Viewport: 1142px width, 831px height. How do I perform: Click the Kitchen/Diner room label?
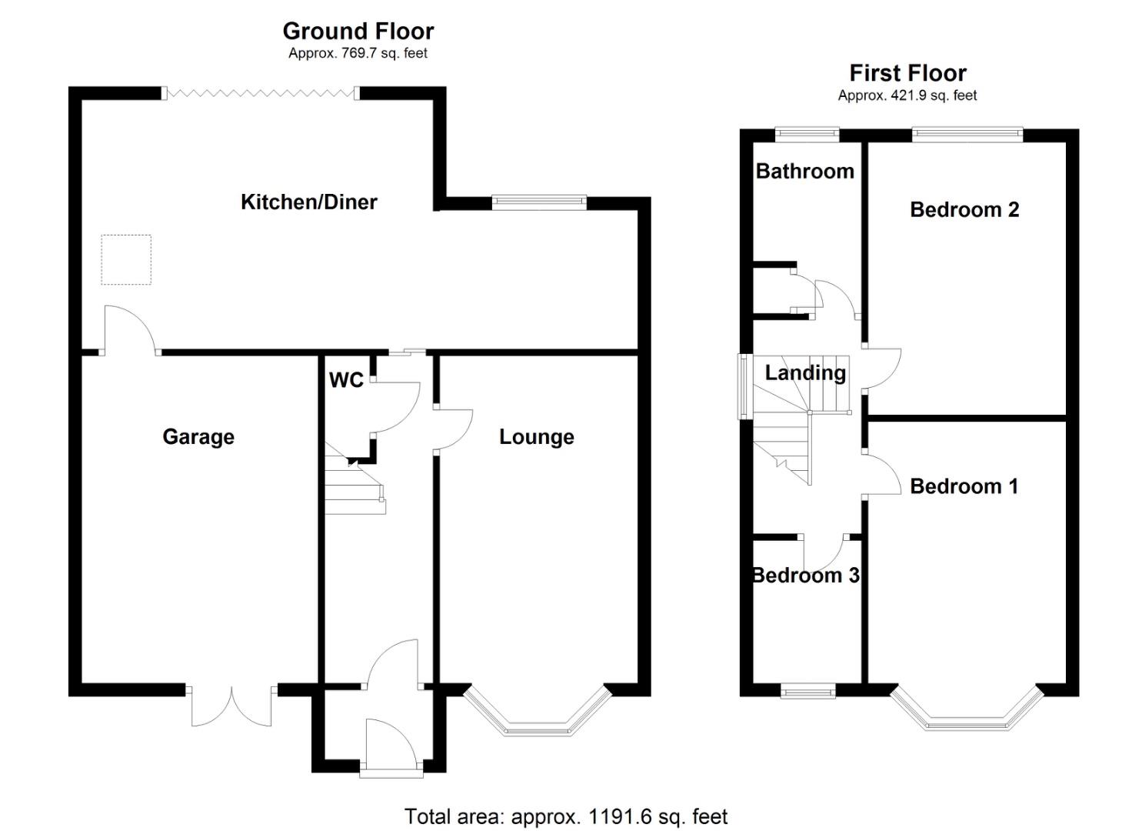coord(308,202)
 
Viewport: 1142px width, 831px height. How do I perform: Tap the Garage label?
coord(198,436)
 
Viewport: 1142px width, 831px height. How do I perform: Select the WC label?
coord(346,380)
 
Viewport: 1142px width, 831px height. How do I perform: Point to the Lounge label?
coord(536,436)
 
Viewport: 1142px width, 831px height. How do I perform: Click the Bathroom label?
coord(804,171)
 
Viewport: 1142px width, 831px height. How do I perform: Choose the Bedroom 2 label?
coord(964,209)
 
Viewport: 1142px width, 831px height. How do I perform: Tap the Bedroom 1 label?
coord(964,486)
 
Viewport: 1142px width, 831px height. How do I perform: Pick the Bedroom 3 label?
coord(805,575)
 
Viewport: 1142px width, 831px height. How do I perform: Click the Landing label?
coord(805,372)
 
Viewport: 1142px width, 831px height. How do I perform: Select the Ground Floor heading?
coord(358,31)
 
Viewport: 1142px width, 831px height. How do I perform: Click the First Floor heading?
coord(907,73)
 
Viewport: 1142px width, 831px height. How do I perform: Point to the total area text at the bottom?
coord(565,816)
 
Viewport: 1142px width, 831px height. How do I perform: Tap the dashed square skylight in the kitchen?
coord(126,260)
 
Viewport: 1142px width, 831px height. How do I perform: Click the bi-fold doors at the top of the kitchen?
coord(261,93)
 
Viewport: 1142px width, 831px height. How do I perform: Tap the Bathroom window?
coord(807,134)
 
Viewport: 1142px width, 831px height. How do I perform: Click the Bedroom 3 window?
coord(807,692)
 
